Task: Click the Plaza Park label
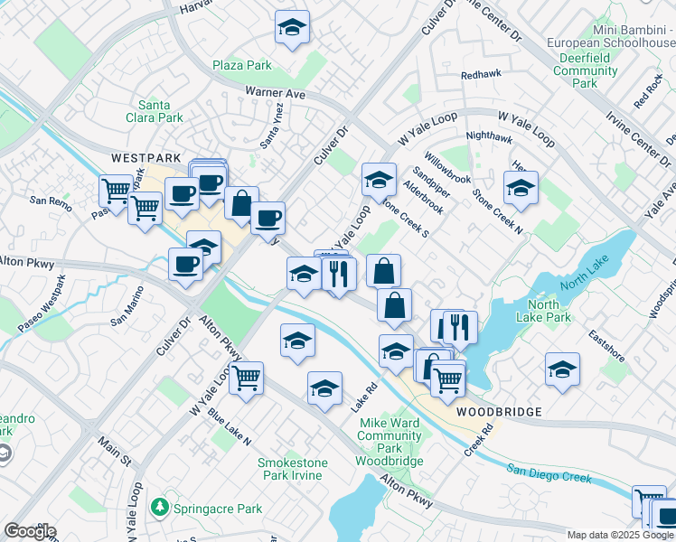click(x=242, y=66)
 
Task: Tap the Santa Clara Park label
click(x=160, y=111)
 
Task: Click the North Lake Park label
click(x=543, y=311)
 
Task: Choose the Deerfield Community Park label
click(x=585, y=70)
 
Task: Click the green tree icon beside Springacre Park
click(x=161, y=509)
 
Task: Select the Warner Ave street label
click(x=275, y=93)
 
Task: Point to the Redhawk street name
click(x=480, y=77)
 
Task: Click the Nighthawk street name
click(x=488, y=137)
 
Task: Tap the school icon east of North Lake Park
click(x=562, y=369)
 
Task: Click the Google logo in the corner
click(x=30, y=531)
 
